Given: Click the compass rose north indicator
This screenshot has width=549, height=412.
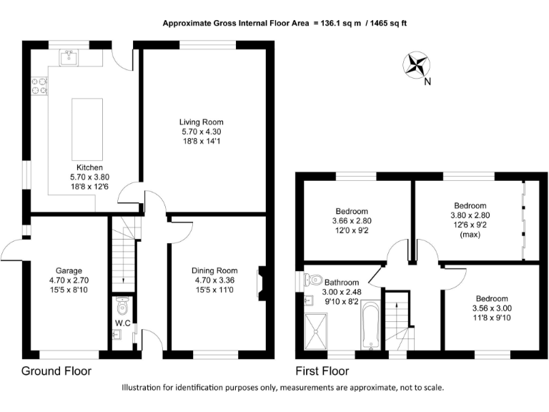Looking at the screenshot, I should point(415,65).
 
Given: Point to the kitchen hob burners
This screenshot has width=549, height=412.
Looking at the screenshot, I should point(39,86).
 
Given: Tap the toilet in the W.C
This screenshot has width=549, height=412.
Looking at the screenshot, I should point(122,308).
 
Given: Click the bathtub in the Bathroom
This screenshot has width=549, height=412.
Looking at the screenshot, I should point(369,325).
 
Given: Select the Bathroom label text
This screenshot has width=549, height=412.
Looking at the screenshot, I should point(342,281).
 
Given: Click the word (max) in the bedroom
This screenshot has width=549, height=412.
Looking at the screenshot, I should point(470,234).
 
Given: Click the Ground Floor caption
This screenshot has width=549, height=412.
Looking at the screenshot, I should point(56,371).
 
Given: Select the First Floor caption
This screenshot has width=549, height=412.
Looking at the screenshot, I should point(322,371).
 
